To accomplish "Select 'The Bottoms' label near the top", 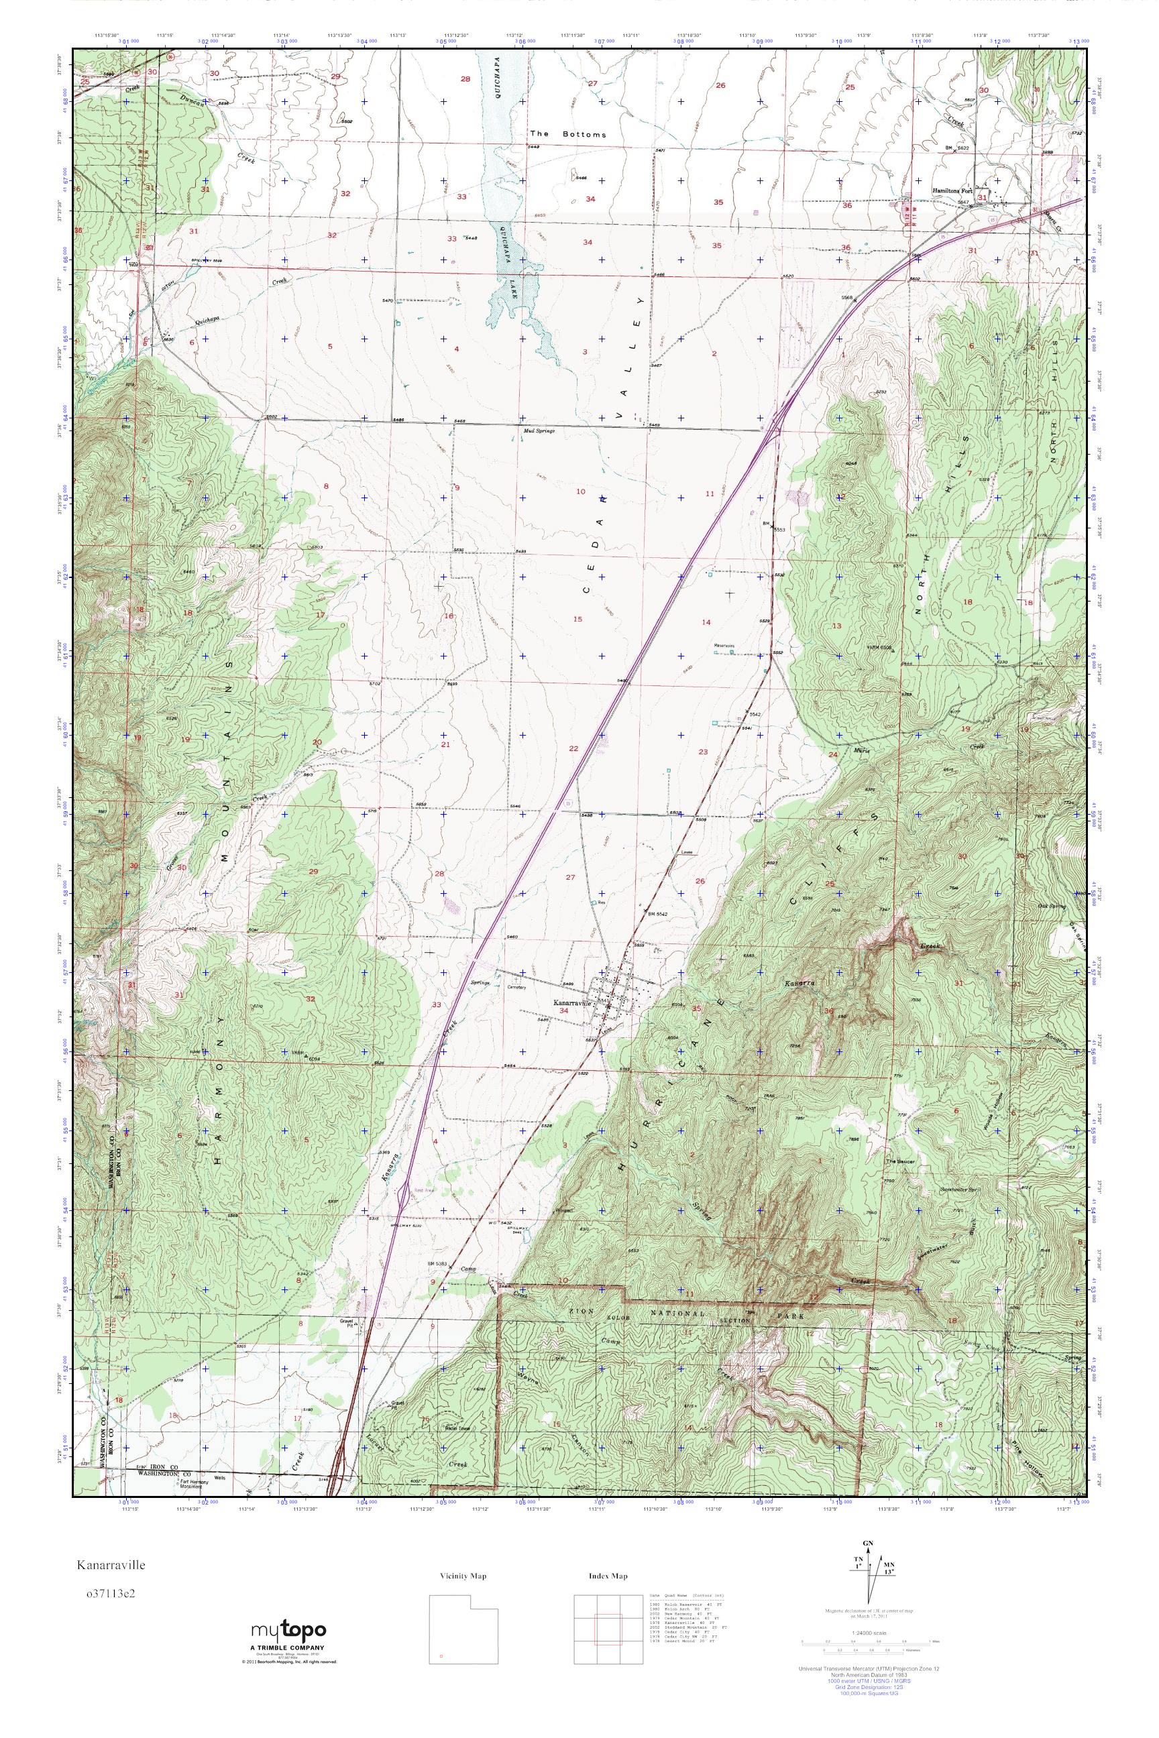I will (x=567, y=135).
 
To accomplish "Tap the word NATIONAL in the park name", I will (x=669, y=1316).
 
